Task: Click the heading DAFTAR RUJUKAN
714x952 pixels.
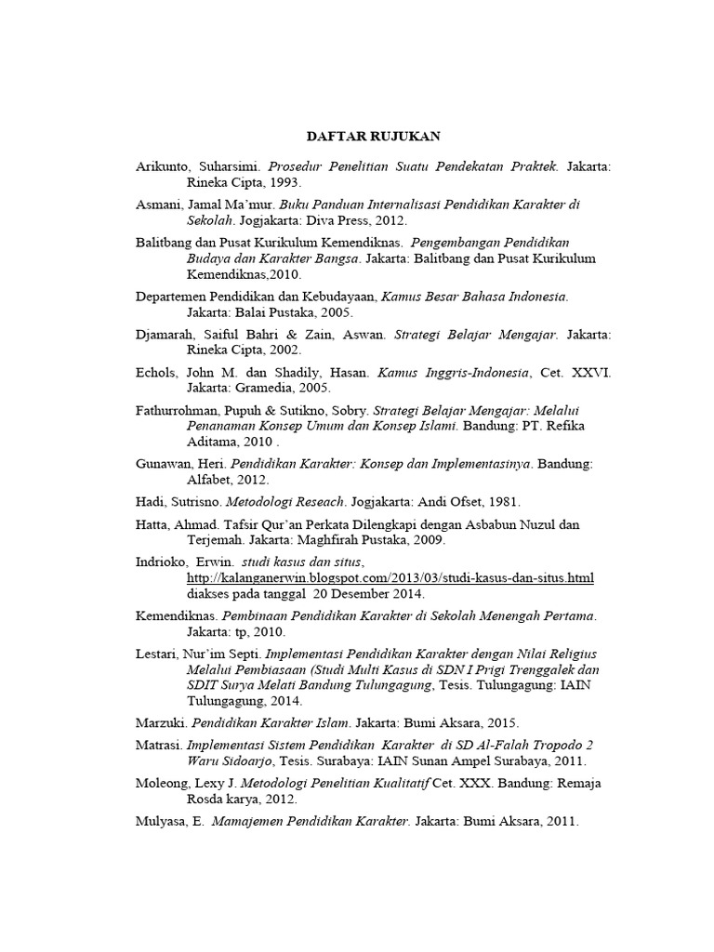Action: tap(356, 137)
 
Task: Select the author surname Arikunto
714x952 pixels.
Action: tap(159, 166)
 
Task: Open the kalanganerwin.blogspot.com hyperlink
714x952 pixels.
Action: tap(390, 578)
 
